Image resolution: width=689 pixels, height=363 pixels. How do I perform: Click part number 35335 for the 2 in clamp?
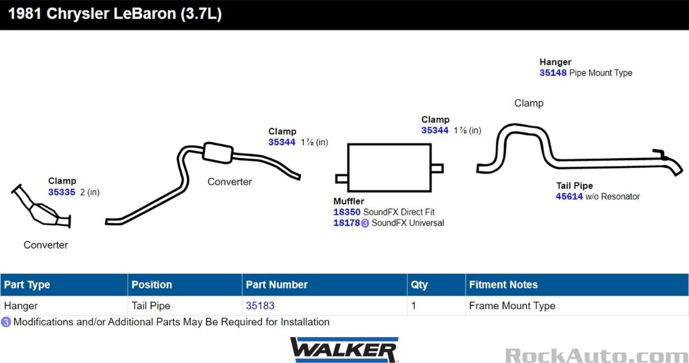pos(61,193)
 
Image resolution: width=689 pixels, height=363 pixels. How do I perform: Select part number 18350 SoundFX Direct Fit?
pos(347,212)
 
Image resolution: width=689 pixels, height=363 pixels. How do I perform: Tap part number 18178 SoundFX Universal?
pos(347,223)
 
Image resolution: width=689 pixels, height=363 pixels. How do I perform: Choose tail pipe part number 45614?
pos(569,197)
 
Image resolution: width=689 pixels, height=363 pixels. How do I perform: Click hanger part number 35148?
pos(553,73)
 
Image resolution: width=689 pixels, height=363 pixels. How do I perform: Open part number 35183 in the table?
pos(260,306)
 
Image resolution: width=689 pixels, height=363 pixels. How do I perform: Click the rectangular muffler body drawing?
pos(389,167)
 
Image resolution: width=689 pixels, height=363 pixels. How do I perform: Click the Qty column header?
pos(419,285)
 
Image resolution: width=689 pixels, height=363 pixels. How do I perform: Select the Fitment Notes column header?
pos(503,285)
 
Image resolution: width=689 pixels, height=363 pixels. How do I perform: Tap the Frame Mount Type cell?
pos(512,306)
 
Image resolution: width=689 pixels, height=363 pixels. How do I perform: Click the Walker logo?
pos(343,349)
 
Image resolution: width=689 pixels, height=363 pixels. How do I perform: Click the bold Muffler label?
pos(349,201)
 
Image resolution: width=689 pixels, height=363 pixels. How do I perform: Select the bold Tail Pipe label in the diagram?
pos(574,186)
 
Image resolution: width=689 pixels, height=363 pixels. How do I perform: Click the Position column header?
pos(152,285)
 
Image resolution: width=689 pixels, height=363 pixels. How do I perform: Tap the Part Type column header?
pos(27,285)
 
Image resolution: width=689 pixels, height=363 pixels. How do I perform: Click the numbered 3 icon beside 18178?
pos(365,223)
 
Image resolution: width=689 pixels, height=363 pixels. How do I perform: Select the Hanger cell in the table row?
pos(21,306)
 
